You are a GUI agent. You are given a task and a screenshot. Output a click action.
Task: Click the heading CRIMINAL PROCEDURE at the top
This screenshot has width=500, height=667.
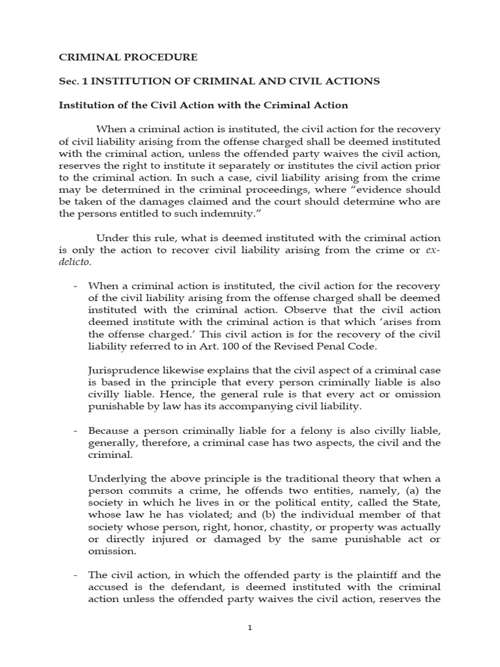128,57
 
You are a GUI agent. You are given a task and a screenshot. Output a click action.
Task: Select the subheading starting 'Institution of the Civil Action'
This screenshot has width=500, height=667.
204,104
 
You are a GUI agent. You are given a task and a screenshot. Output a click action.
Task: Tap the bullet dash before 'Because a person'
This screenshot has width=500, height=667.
76,431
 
